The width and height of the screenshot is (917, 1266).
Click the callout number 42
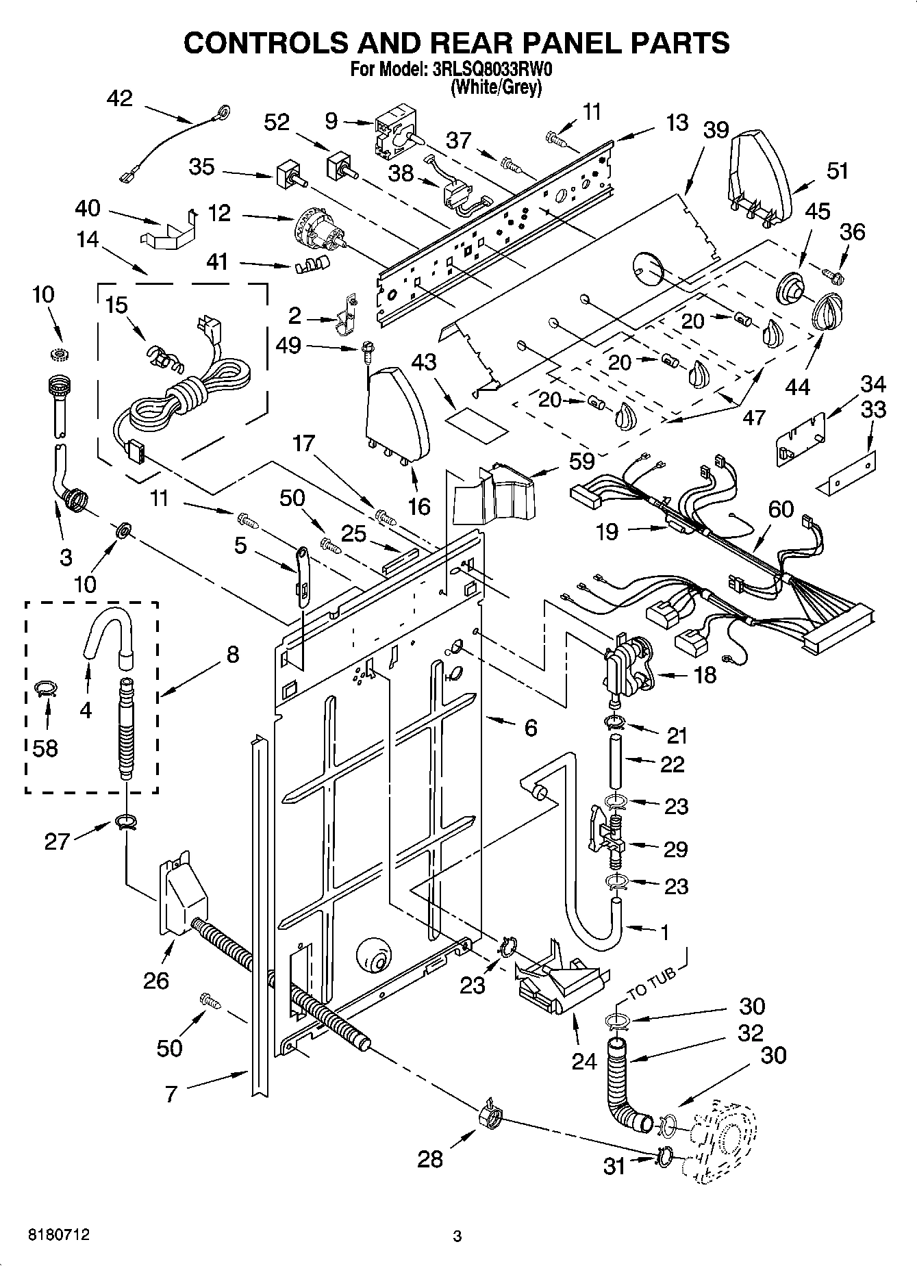(120, 99)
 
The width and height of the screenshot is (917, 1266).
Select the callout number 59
(582, 461)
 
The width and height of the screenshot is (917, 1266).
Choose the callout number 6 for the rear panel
(531, 727)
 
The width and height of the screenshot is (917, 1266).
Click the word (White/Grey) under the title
(496, 88)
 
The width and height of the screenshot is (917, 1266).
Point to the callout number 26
(156, 980)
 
